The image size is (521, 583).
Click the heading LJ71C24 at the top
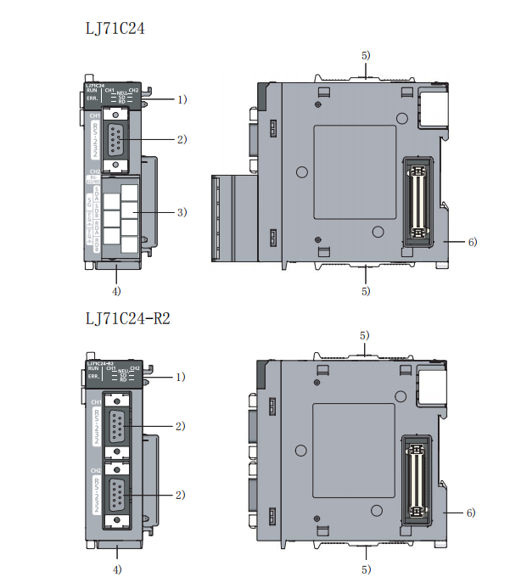114,30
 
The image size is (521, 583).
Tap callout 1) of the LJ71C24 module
182,99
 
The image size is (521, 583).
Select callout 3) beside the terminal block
182,212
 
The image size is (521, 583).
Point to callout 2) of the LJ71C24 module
182,139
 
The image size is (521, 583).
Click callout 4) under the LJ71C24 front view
117,290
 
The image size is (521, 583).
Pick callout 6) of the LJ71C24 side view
472,241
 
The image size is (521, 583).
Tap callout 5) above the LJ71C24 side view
366,54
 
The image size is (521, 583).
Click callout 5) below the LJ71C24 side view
366,291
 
